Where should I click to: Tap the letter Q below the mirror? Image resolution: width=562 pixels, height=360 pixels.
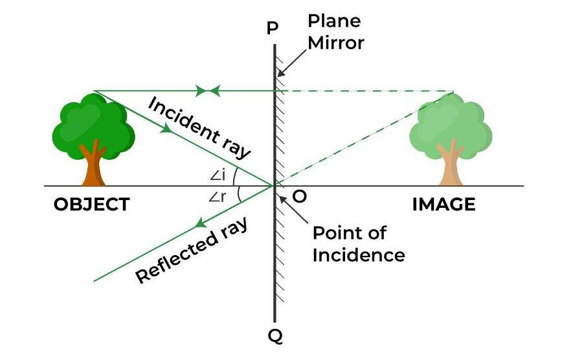(275, 336)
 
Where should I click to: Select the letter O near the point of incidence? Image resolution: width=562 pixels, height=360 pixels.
(299, 196)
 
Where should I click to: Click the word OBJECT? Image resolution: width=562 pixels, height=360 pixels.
(91, 205)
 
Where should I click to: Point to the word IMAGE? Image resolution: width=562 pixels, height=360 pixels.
(444, 205)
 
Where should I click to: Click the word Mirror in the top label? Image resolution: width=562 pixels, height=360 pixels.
(336, 43)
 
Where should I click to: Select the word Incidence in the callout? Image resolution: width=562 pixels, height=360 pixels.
(358, 254)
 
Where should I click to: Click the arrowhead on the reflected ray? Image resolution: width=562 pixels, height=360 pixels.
(200, 224)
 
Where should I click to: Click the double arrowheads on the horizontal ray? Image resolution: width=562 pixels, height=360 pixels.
(208, 91)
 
